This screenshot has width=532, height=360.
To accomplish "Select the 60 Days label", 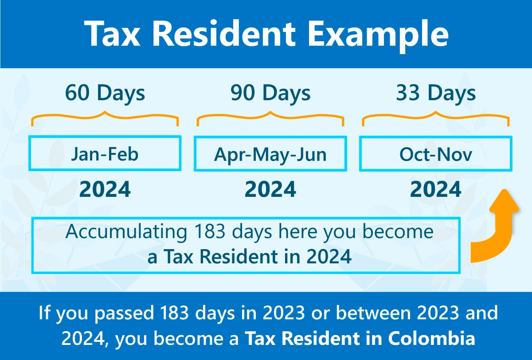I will [105, 93].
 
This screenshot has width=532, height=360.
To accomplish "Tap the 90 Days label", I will [270, 93].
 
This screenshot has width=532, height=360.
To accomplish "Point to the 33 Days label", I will [436, 93].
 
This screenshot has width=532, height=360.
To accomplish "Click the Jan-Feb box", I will [105, 154].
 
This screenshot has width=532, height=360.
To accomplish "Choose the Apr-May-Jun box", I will [270, 154].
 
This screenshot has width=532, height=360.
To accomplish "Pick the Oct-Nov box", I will [436, 154].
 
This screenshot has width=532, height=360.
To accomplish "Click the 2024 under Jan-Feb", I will [105, 189].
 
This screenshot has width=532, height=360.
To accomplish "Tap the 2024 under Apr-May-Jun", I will [270, 189].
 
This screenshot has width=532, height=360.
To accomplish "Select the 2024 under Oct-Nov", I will [436, 189].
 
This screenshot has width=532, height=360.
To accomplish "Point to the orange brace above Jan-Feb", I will [105, 117].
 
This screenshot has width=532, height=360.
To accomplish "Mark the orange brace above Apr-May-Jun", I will [270, 117].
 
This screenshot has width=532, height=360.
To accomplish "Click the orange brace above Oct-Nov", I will [436, 117].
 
